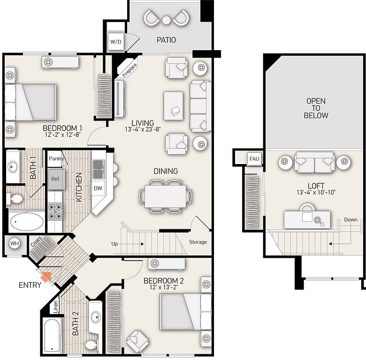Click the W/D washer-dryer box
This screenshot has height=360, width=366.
coord(116,42)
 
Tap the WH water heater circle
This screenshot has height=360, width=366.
coord(15,244)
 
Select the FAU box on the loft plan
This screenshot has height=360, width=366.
coord(254,159)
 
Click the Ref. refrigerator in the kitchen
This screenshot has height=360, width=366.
coord(56,180)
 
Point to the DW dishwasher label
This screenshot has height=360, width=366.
coord(98,188)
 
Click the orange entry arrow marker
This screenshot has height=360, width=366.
coord(46,277)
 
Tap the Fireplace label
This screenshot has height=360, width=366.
coord(130,70)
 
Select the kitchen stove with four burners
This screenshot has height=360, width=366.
coord(55,211)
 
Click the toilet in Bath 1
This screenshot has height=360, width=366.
coord(15,199)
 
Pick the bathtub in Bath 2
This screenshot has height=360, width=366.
coord(52,336)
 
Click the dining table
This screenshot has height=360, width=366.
coord(166,196)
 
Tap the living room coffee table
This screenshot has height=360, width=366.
coord(174,106)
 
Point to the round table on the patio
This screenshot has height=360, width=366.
coord(166,20)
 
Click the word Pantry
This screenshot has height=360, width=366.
coord(56,159)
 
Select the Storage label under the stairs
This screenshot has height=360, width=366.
coord(198,242)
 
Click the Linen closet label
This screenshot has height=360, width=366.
coord(55,307)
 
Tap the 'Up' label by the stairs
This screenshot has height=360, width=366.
coord(114,244)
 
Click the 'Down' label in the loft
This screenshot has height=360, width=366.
coord(351,220)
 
